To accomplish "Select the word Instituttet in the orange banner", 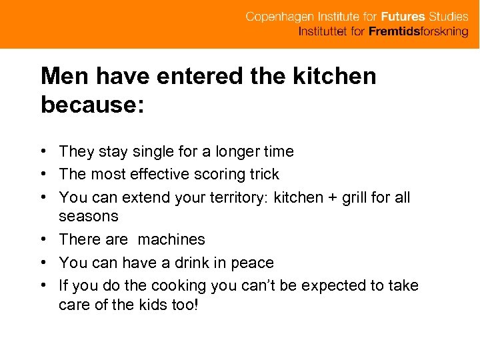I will coord(323,32).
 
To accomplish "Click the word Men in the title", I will coord(65,77).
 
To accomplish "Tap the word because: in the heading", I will coord(92,105).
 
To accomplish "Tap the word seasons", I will coord(89,217).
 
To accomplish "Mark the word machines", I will coord(171,239).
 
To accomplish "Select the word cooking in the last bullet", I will coord(179,286).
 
